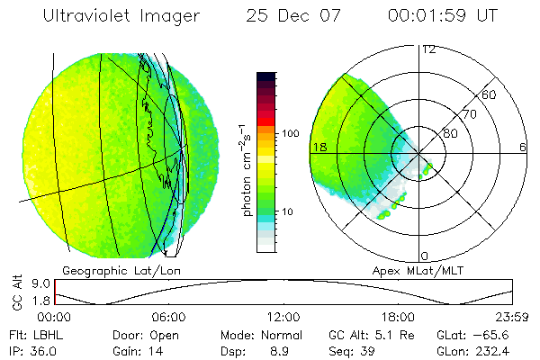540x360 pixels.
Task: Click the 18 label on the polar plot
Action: point(318,146)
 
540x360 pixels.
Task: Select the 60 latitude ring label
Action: point(490,94)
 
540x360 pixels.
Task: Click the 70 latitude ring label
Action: point(469,114)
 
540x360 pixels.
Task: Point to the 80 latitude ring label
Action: point(450,133)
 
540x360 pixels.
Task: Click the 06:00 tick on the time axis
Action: point(168,317)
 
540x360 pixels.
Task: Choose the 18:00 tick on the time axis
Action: point(398,317)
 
